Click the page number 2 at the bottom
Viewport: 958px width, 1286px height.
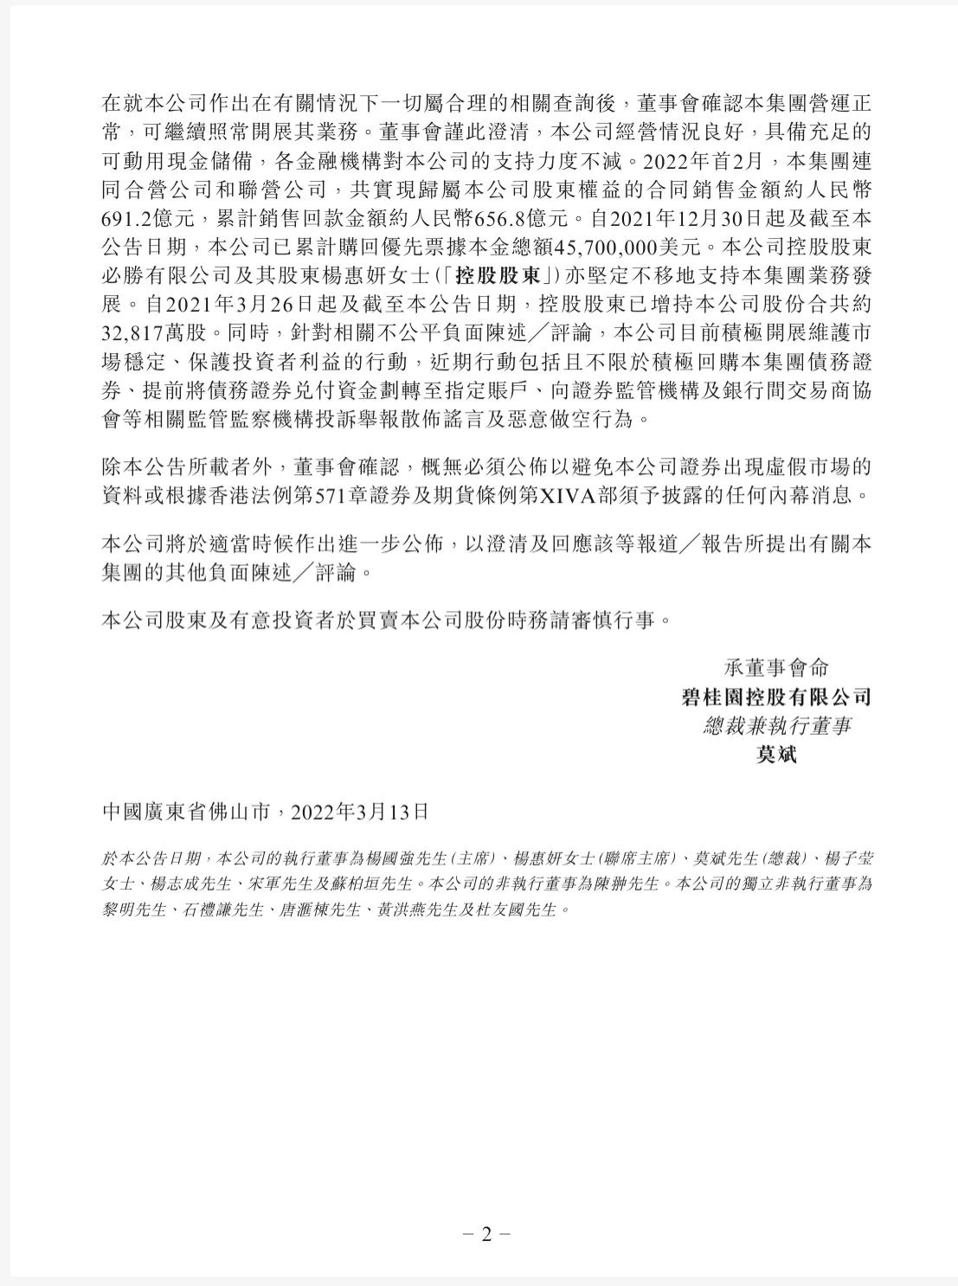485,1234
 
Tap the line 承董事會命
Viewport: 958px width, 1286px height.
775,667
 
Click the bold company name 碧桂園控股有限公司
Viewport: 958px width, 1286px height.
775,697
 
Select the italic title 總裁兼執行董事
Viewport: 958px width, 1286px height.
775,725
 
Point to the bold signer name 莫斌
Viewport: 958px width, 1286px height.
775,754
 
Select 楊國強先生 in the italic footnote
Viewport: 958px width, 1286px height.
413,858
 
